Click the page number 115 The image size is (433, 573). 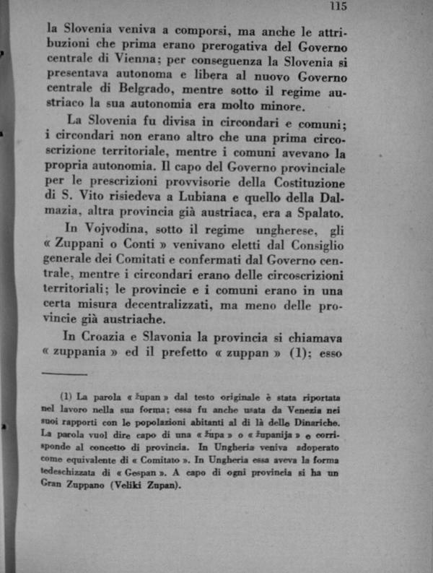338,7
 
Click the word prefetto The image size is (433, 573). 204,354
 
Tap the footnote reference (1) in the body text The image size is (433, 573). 300,354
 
